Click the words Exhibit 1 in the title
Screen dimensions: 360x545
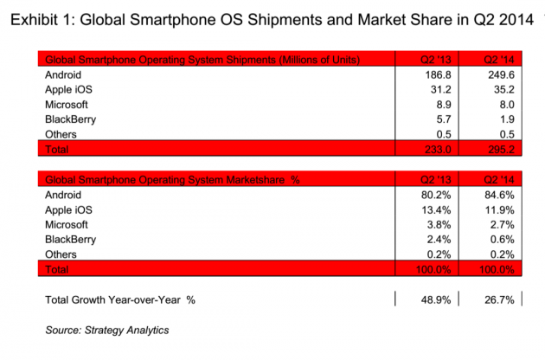pos(42,20)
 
